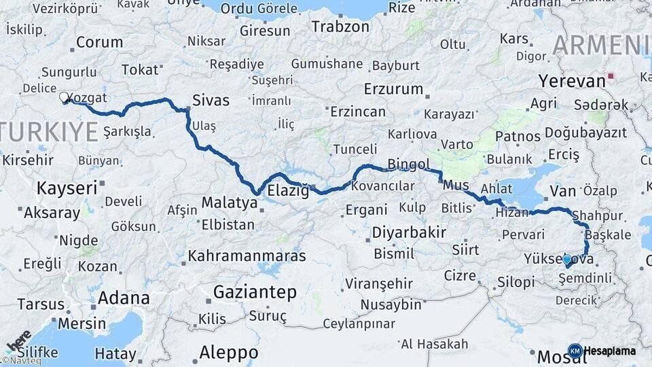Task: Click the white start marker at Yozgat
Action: coord(65,98)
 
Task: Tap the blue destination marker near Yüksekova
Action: coord(567,260)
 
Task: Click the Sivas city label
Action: coord(211,101)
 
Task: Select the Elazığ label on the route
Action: coord(289,191)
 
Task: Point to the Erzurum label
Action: coord(393,89)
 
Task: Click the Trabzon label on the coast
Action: coord(340,27)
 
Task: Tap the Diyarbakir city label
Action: coord(409,232)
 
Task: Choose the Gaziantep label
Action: coord(255,292)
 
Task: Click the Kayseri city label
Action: coord(67,188)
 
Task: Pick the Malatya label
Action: coord(229,203)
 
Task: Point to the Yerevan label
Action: coord(571,81)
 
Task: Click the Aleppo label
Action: coord(228,353)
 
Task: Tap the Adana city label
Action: coord(124,298)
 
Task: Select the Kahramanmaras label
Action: coord(247,256)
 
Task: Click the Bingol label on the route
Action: coord(409,164)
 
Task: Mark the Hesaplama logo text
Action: coord(610,351)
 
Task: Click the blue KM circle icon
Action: coord(575,351)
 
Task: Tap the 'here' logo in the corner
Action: coord(18,340)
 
